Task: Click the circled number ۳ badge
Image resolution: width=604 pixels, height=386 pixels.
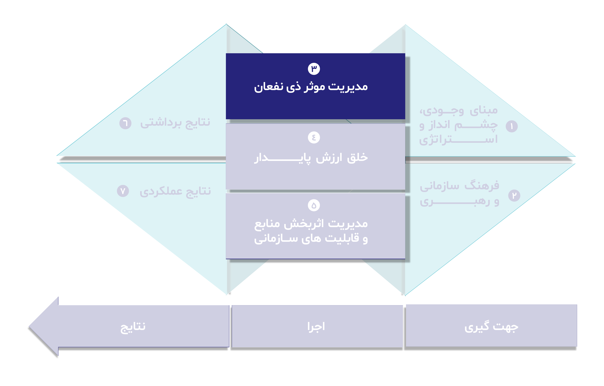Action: (x=314, y=69)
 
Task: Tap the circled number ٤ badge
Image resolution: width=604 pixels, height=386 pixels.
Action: (x=314, y=137)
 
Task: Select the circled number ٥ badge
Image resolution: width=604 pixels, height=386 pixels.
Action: (x=314, y=205)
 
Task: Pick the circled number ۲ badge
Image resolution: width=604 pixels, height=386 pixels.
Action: (x=514, y=195)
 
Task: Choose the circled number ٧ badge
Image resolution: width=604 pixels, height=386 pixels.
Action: (x=123, y=191)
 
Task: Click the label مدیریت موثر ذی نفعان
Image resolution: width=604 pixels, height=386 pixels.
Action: (x=311, y=87)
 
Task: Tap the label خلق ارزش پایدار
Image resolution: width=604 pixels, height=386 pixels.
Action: (x=311, y=158)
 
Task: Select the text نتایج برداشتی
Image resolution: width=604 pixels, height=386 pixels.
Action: (x=175, y=123)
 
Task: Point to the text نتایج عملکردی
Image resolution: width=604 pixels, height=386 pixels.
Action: (x=175, y=191)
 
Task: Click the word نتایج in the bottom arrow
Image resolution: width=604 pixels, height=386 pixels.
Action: (x=133, y=327)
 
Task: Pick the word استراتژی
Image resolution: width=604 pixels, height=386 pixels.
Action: (x=458, y=139)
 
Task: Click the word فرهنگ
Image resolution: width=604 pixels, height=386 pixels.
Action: (x=482, y=186)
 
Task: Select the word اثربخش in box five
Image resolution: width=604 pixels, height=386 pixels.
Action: (x=304, y=223)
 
